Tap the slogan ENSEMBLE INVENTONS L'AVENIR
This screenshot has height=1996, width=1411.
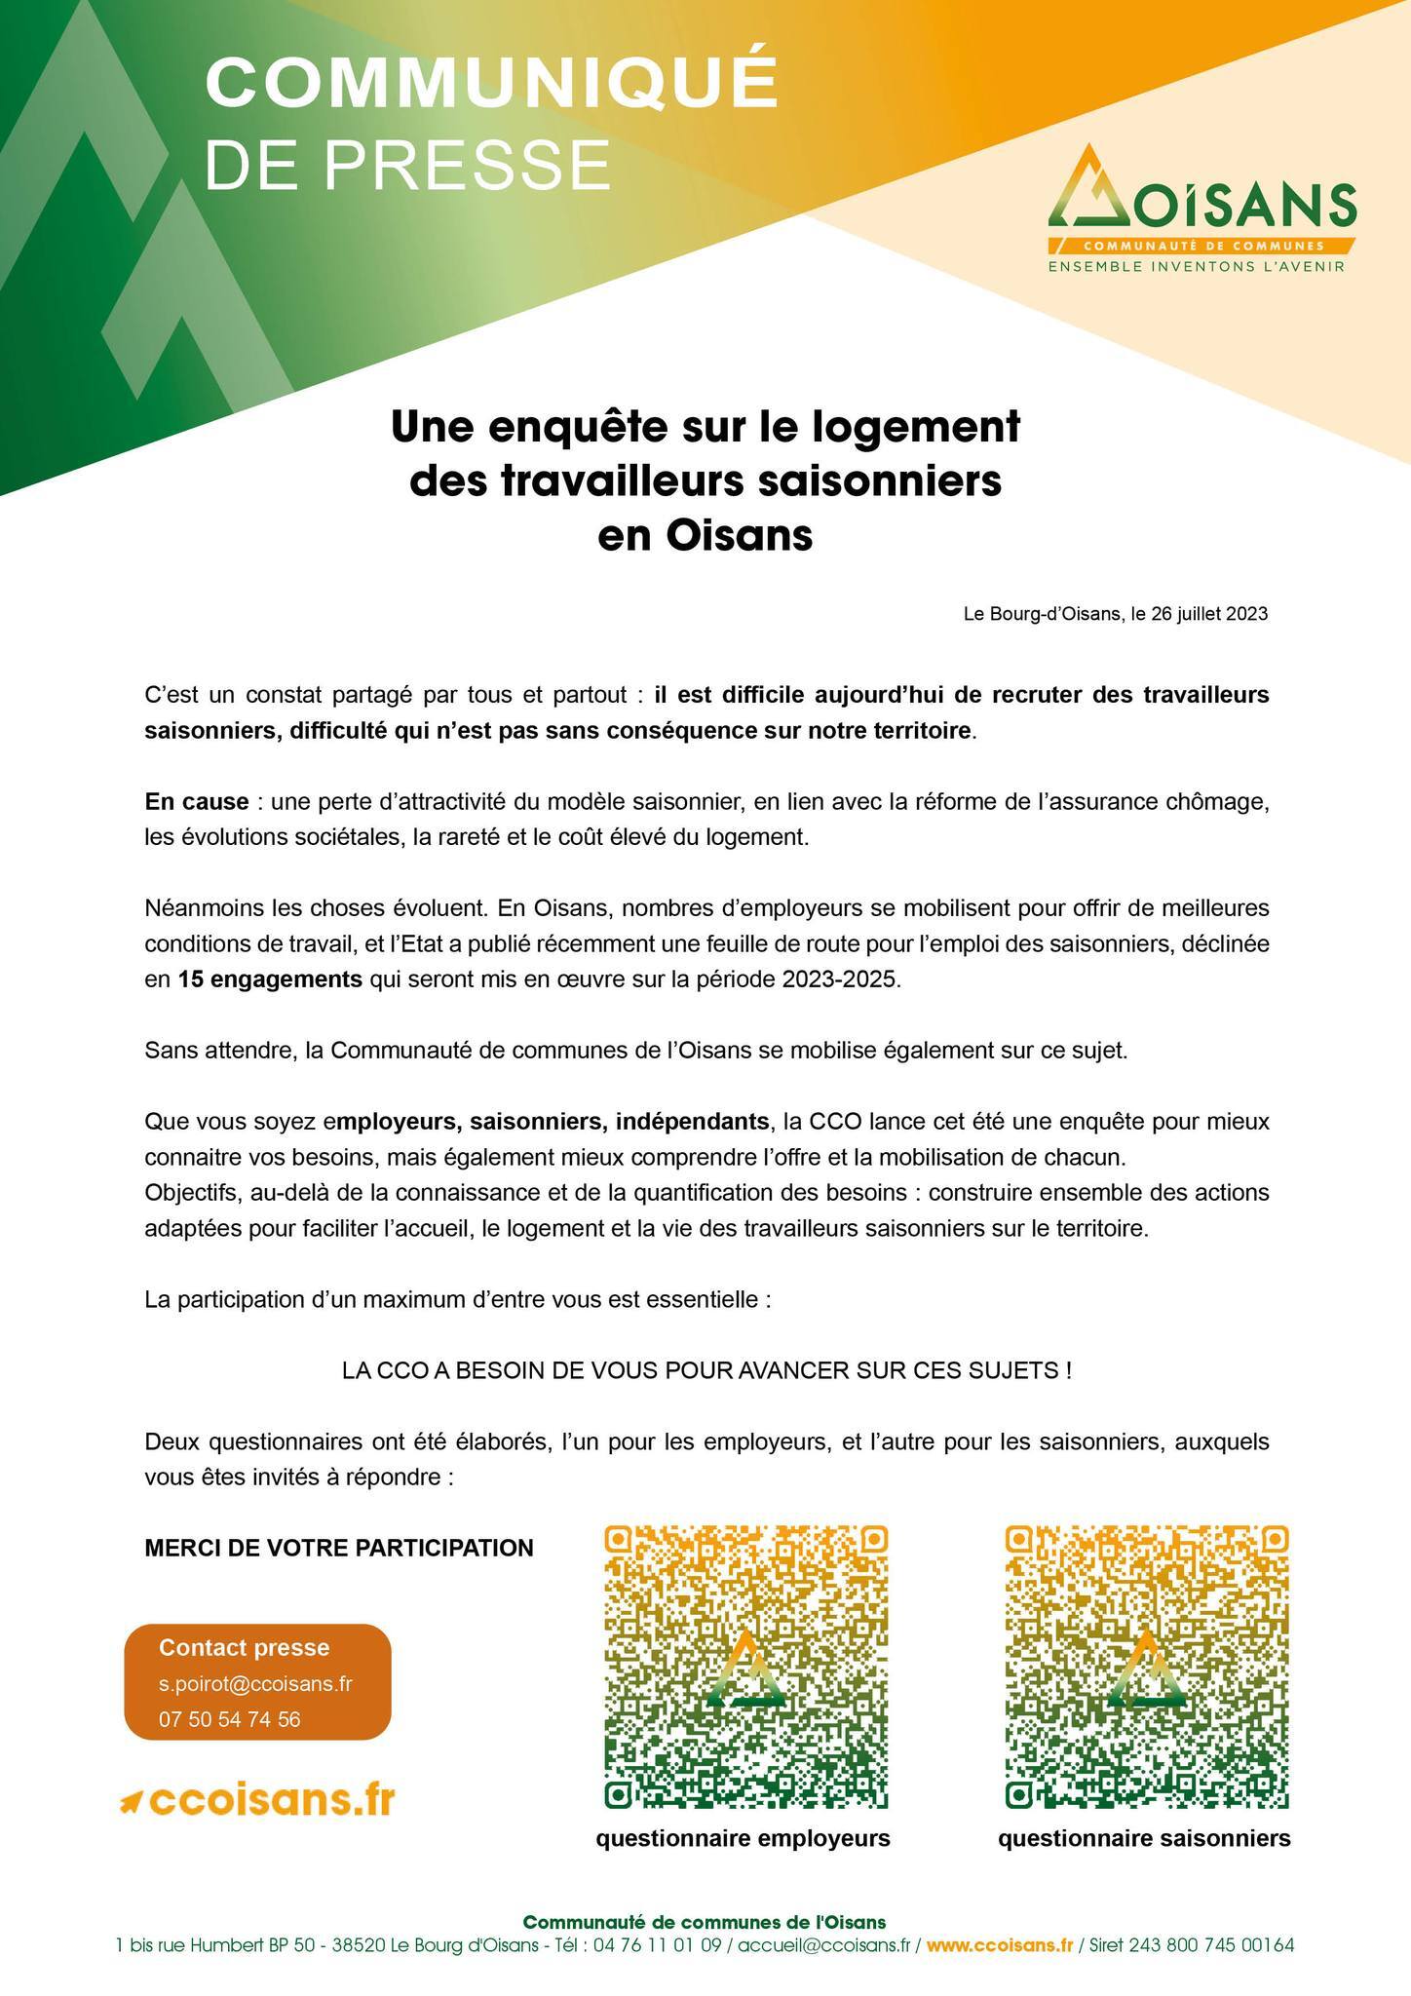click(x=1196, y=266)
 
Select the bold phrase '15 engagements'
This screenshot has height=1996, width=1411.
click(x=270, y=979)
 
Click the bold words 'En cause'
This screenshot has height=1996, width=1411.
click(x=196, y=802)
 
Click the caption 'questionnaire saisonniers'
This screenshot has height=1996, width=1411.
click(x=1144, y=1838)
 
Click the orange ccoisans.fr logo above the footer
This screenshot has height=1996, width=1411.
click(x=257, y=1801)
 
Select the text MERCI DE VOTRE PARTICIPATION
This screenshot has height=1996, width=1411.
click(x=339, y=1548)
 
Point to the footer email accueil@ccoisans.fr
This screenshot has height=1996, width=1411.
click(x=823, y=1945)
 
